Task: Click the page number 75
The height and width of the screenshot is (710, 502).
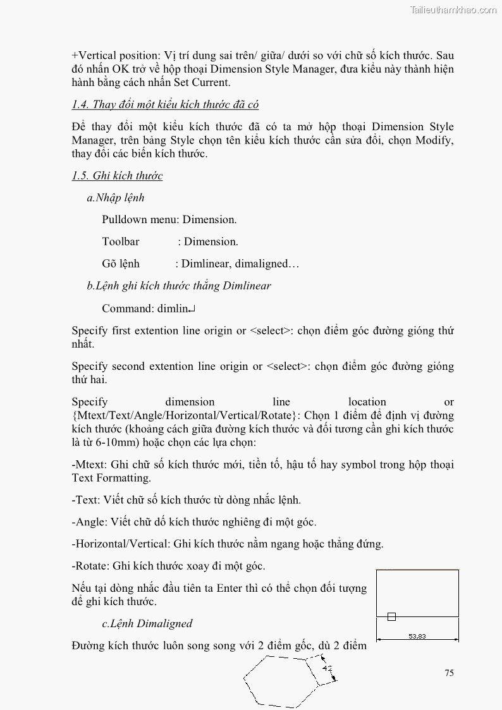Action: [x=449, y=673]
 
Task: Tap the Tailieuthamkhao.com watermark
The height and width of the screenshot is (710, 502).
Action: [x=453, y=9]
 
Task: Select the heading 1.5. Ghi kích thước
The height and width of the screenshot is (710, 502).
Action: [x=117, y=176]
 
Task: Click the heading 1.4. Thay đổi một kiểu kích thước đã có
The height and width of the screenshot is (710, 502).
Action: [x=165, y=104]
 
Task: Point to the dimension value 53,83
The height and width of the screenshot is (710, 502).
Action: [x=417, y=636]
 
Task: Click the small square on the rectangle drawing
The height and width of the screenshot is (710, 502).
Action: [x=391, y=616]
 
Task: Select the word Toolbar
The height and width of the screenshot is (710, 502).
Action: [x=121, y=242]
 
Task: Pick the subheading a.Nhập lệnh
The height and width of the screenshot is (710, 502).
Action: [x=116, y=198]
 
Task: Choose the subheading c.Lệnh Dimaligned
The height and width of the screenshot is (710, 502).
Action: [x=147, y=623]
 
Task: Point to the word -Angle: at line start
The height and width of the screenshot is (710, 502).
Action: [x=89, y=522]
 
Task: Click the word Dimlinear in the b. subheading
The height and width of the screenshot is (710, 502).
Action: [x=247, y=286]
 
